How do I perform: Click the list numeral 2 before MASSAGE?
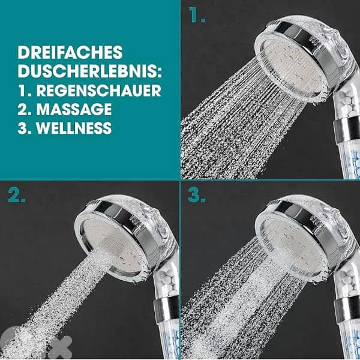pos(22,109)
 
